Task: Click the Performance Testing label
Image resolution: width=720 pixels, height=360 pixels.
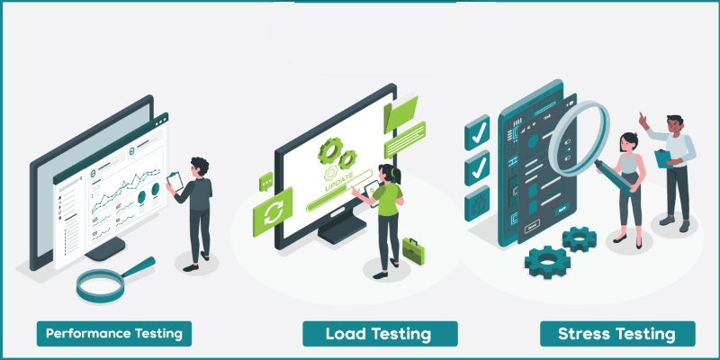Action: coord(114,333)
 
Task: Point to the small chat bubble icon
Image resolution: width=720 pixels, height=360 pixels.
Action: coord(265,182)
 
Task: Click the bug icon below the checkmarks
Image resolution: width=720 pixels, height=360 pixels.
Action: coord(476,206)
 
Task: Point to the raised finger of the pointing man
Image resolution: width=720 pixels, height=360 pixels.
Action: coord(642,117)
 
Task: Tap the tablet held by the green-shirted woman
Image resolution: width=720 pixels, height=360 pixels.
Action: coord(370,190)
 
